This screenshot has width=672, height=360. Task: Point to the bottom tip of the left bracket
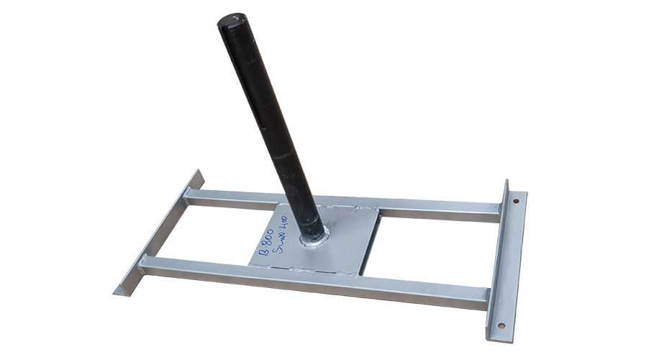[x=117, y=292]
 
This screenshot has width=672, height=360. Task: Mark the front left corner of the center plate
[x=251, y=264]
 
